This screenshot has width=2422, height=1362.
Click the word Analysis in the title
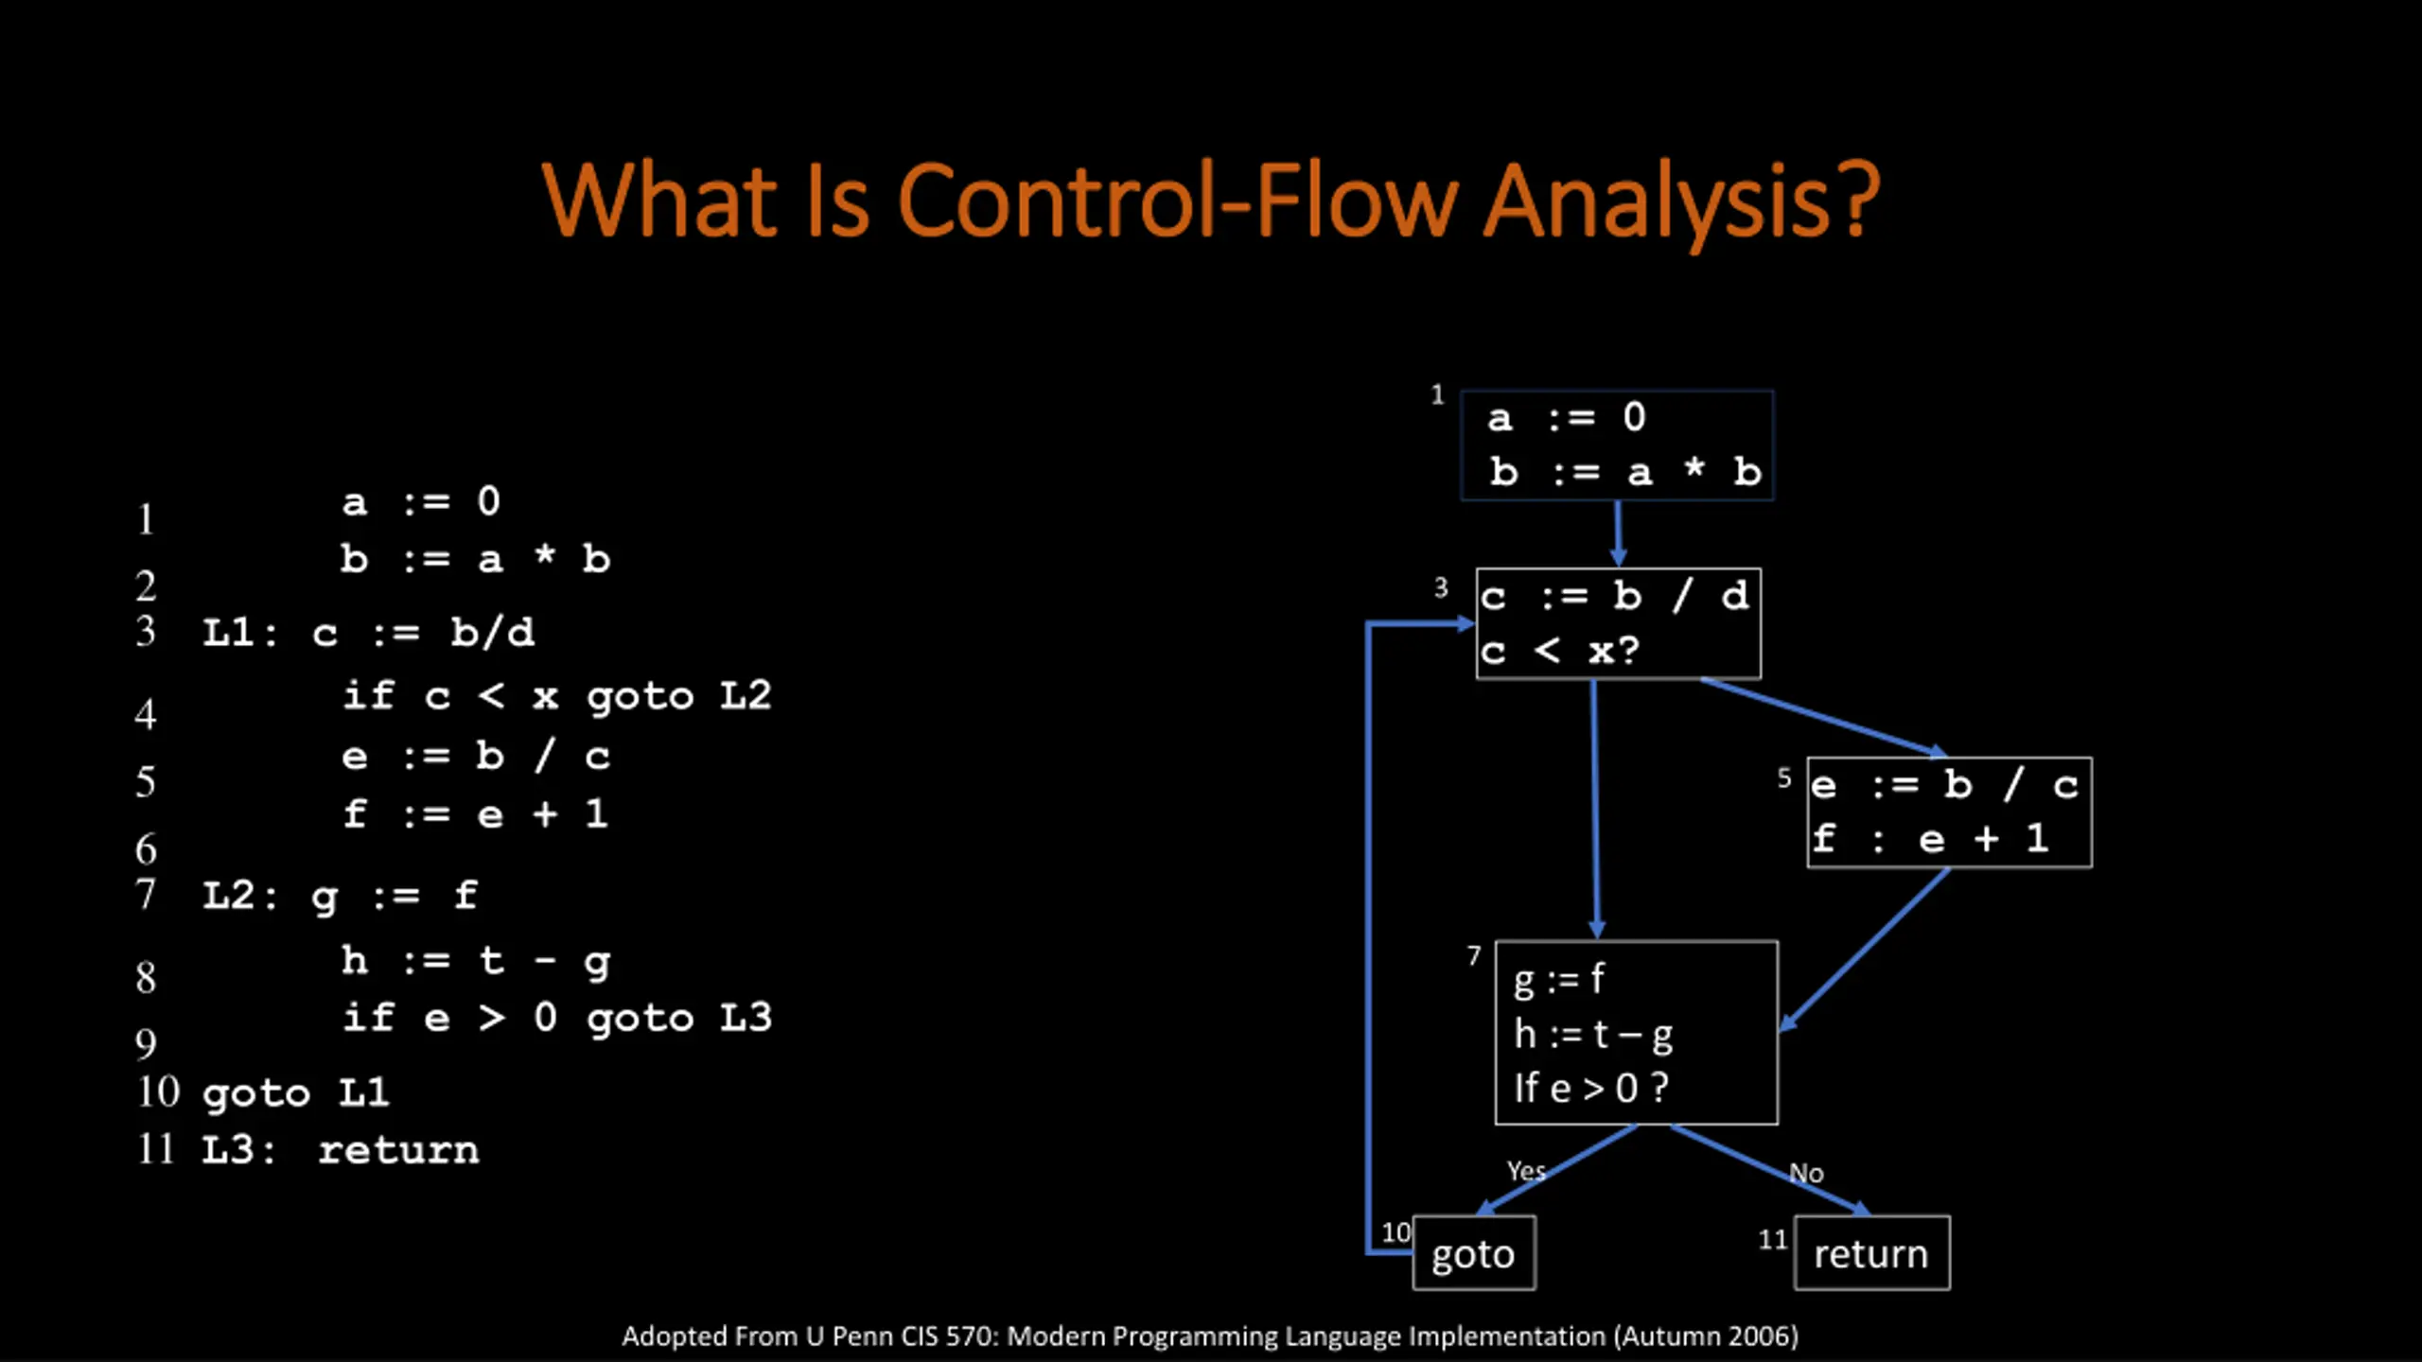(1680, 201)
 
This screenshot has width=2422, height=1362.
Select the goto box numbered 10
(1473, 1253)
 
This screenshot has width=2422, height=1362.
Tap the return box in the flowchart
(1871, 1253)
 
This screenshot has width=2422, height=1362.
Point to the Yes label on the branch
(1526, 1171)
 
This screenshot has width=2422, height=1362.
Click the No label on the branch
(1806, 1173)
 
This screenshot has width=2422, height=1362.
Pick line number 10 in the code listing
(158, 1091)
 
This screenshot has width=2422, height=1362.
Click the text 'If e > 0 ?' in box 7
(1590, 1088)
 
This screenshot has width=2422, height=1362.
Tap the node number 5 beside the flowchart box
(1784, 777)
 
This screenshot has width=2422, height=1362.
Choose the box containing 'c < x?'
(1618, 624)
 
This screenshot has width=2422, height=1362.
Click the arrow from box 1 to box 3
(1618, 533)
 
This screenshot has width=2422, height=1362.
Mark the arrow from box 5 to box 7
(1864, 949)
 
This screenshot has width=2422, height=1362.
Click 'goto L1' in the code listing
(295, 1093)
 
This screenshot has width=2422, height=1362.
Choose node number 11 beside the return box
(1772, 1239)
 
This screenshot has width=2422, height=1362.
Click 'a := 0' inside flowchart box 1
(1568, 417)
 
